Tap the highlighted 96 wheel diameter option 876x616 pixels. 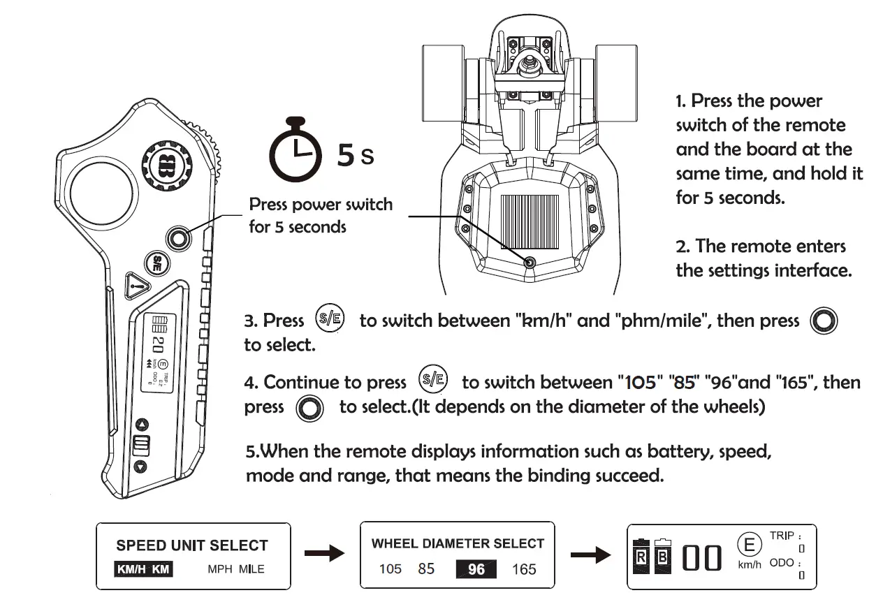click(x=476, y=569)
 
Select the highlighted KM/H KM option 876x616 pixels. click(x=143, y=569)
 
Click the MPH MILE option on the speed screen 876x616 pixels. click(x=236, y=569)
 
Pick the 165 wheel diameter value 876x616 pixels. click(x=524, y=569)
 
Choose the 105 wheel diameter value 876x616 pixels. click(x=390, y=569)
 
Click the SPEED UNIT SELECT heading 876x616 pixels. click(x=192, y=545)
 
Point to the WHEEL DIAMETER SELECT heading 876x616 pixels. click(x=458, y=543)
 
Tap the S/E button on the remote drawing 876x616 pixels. click(x=157, y=263)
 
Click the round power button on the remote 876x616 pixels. click(x=180, y=238)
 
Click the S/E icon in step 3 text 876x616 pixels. click(x=330, y=319)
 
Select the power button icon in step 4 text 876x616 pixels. click(x=309, y=408)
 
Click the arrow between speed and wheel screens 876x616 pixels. click(x=326, y=555)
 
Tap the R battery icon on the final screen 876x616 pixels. click(x=640, y=558)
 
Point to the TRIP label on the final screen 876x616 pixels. click(x=782, y=536)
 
